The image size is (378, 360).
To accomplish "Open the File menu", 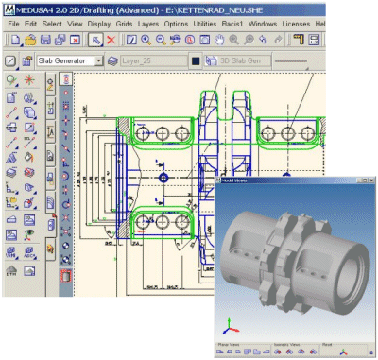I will click(x=11, y=22).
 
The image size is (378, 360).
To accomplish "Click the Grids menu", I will click(x=124, y=22).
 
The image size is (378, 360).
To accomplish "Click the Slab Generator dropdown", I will click(x=67, y=60).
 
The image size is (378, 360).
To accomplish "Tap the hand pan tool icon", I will click(x=219, y=41).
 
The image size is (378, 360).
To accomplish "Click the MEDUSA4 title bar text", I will click(x=94, y=7).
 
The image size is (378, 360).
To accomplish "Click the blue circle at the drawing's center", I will click(x=163, y=177).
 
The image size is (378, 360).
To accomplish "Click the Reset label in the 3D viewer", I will click(x=326, y=344).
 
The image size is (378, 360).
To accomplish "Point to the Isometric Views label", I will click(x=285, y=344).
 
